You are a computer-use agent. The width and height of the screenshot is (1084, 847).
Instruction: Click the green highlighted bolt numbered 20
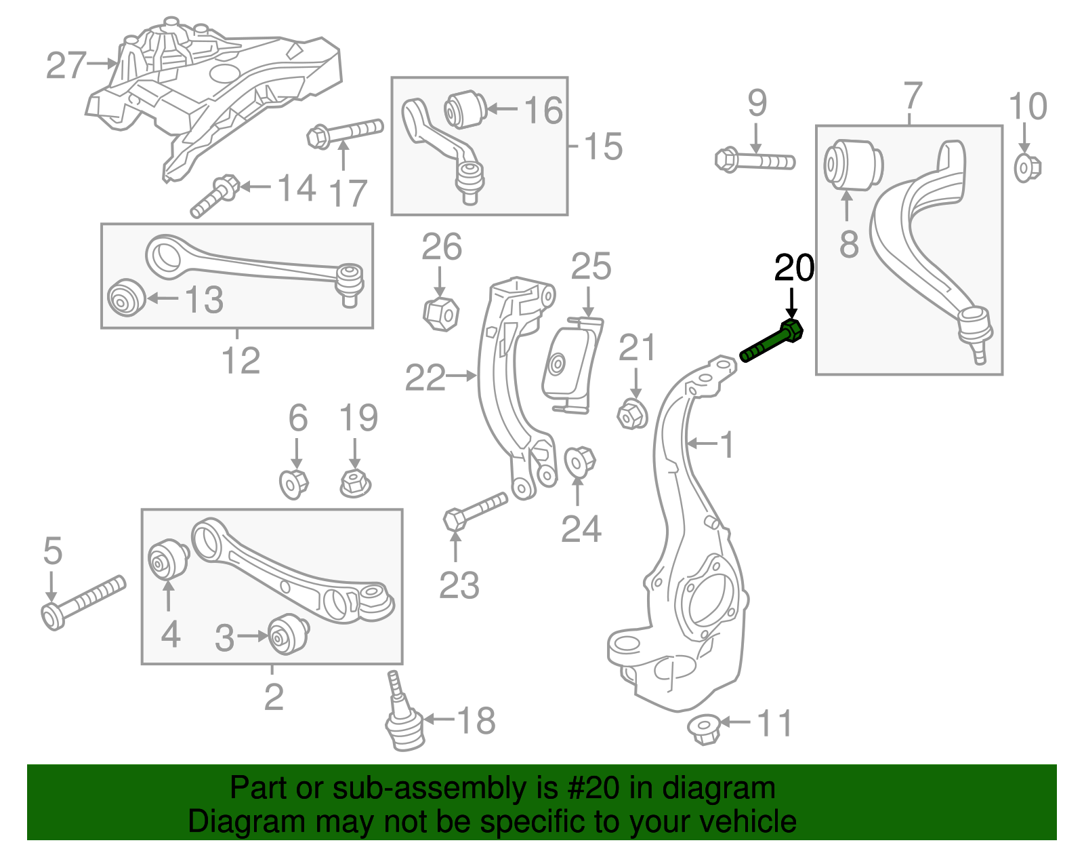[772, 342]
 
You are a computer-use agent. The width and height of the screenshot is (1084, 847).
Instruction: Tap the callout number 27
[66, 66]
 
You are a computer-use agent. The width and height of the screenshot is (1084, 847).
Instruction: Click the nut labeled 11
[704, 729]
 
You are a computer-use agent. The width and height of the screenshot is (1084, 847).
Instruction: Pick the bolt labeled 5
[83, 600]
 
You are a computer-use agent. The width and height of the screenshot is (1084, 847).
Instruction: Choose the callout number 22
[425, 378]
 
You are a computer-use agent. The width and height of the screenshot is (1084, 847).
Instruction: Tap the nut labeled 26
[440, 313]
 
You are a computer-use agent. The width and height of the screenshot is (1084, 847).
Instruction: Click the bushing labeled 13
[126, 297]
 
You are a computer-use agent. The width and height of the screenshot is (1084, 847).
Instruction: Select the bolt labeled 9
[754, 161]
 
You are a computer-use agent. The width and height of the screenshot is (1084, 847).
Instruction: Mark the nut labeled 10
[1026, 168]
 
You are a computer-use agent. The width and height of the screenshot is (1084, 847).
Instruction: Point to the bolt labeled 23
[475, 512]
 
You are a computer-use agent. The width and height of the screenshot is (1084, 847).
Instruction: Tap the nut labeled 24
[579, 462]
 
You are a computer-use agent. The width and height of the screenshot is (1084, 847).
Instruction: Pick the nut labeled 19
[355, 483]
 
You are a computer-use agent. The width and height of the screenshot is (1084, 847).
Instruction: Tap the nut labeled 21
[632, 414]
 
